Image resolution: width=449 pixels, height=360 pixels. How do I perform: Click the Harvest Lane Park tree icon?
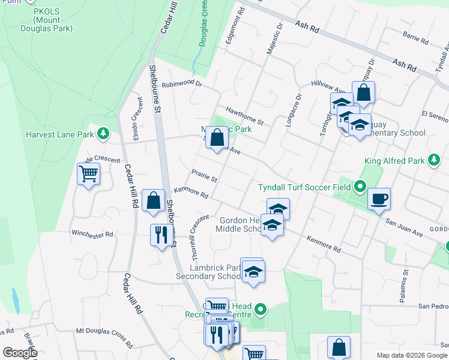(x=104, y=133)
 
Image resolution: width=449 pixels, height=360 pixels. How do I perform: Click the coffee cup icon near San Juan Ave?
(x=378, y=198)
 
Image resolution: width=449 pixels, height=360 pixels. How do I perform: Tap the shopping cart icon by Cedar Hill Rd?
(x=88, y=175)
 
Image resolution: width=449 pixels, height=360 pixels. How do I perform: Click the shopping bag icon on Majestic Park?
(x=217, y=137)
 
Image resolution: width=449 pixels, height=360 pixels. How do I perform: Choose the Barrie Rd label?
(x=415, y=38)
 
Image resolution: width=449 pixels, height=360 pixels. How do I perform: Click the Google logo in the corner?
(x=19, y=352)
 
